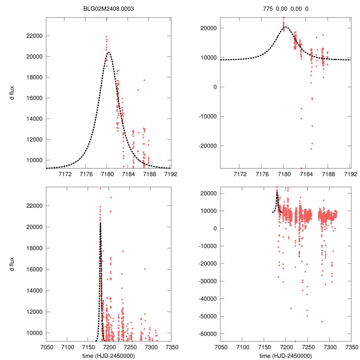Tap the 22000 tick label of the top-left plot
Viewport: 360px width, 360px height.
click(x=35, y=36)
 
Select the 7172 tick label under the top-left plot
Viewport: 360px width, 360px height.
click(x=65, y=174)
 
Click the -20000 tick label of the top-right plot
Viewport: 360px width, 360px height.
click(x=207, y=146)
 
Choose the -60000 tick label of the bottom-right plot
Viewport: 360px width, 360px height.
click(x=207, y=334)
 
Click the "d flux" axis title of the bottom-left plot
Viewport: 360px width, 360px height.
click(x=12, y=264)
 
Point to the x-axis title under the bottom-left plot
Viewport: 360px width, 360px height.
click(x=108, y=355)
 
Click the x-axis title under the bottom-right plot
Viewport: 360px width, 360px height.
click(x=285, y=355)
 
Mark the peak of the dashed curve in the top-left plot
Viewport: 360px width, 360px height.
click(x=108, y=52)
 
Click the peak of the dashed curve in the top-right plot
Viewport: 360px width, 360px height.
click(x=285, y=27)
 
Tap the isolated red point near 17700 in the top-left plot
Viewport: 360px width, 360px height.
click(x=144, y=80)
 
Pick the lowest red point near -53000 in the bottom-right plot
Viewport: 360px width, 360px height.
click(x=322, y=321)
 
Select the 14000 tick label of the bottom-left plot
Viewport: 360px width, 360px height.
click(x=35, y=290)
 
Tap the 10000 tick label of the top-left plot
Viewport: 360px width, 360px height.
click(x=35, y=160)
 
